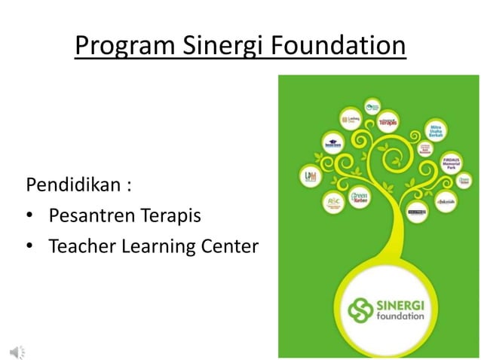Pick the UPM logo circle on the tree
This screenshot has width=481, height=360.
pos(311,177)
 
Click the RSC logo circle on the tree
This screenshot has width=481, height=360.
pos(333,202)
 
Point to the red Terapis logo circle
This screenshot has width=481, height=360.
pos(388,121)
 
